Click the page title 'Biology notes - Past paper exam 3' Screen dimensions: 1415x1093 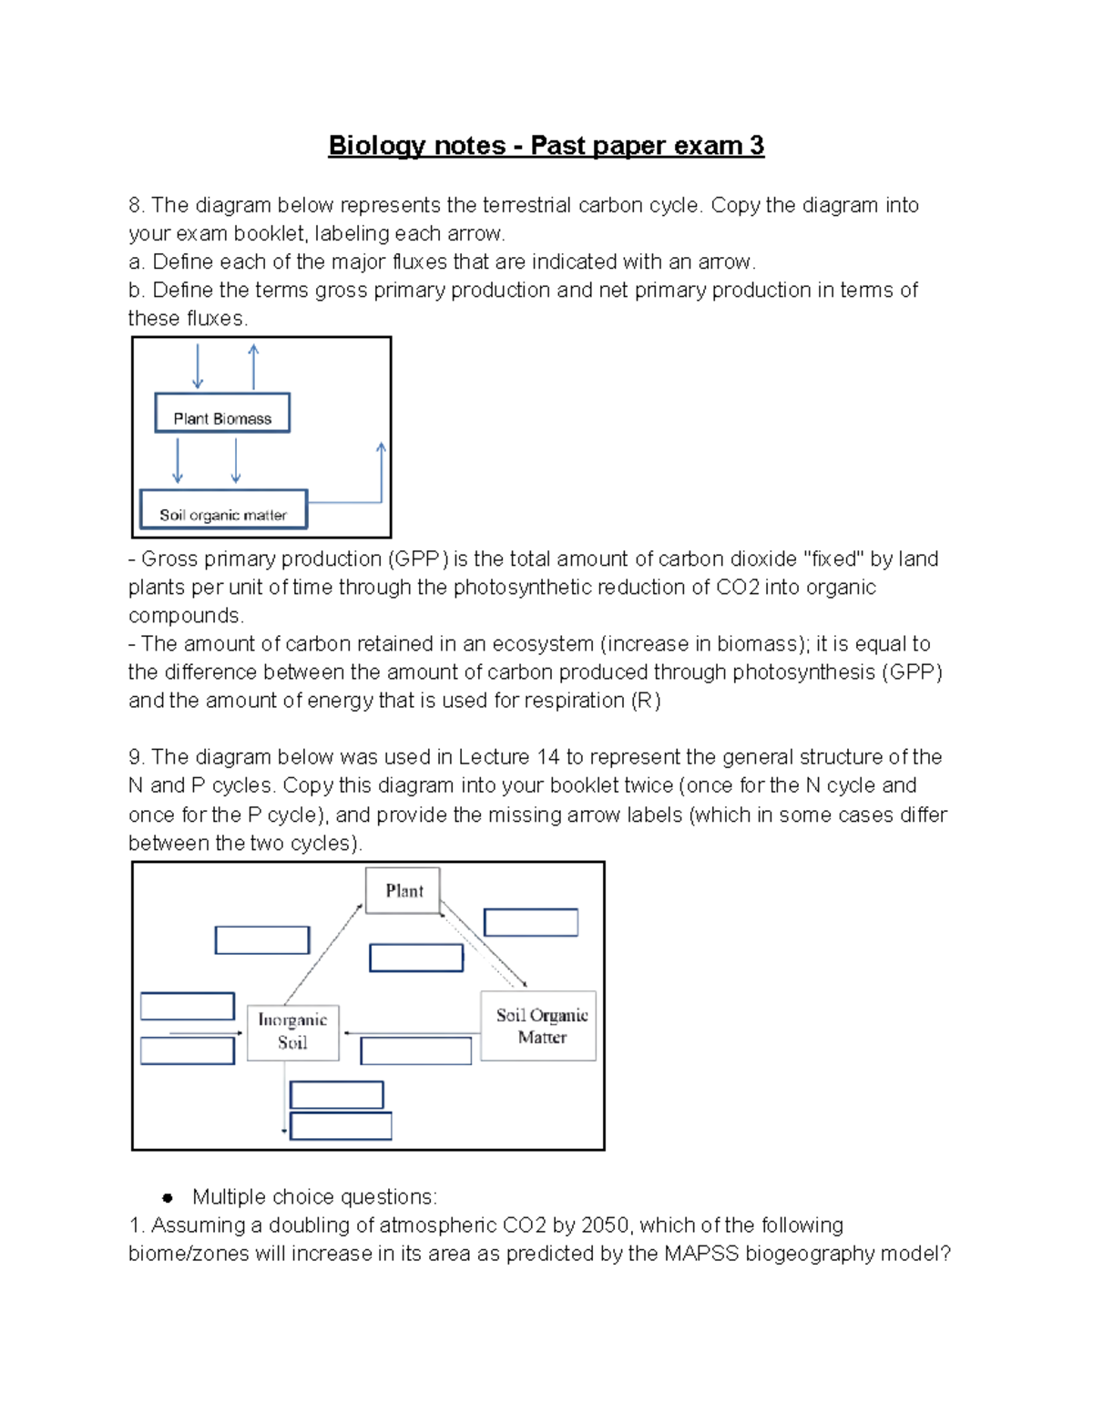pos(546,146)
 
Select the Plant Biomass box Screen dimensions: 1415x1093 pos(222,414)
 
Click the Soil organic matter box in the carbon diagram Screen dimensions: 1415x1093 pos(223,510)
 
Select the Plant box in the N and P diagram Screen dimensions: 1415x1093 pos(403,890)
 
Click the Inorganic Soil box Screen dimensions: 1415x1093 pos(292,1032)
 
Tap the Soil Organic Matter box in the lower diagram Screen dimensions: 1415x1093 pos(539,1026)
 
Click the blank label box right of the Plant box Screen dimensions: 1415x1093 pos(530,922)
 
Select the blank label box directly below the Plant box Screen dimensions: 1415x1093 pos(416,958)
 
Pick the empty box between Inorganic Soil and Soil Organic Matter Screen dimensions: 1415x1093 pos(415,1051)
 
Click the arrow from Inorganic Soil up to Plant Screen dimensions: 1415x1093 pos(322,954)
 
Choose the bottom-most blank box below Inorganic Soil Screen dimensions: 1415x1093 pos(341,1125)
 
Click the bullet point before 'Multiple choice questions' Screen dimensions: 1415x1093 pos(168,1197)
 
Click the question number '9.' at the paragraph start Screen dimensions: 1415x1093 pos(137,757)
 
